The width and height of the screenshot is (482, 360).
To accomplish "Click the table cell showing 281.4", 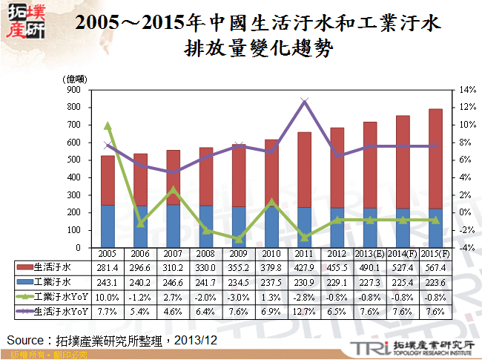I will click(x=108, y=267).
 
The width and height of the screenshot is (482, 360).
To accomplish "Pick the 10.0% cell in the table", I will click(x=108, y=297).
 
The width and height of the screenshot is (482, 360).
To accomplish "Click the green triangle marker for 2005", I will click(x=108, y=125).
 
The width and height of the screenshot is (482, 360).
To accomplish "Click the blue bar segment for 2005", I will click(x=108, y=226).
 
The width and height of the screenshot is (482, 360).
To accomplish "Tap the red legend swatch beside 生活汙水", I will click(x=23, y=267).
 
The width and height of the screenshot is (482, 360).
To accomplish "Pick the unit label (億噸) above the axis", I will click(x=76, y=78).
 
